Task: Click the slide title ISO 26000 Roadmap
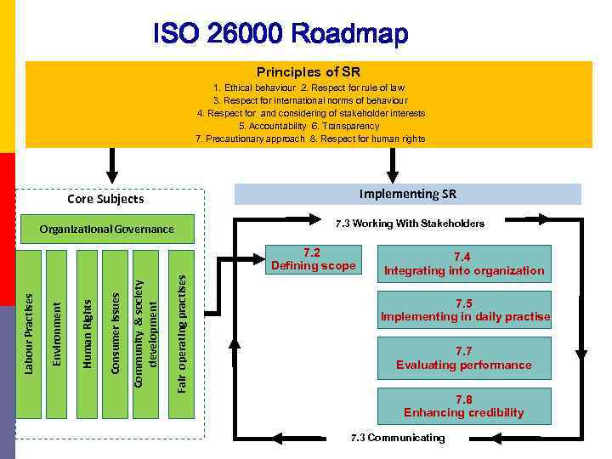click(281, 35)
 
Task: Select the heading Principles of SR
click(309, 71)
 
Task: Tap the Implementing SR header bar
click(407, 194)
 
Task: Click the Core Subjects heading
click(105, 199)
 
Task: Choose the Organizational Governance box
click(107, 229)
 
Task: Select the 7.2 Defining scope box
click(313, 259)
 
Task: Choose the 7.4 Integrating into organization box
click(463, 264)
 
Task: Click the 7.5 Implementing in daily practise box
click(464, 310)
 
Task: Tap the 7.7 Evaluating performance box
click(463, 358)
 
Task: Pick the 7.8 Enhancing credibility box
click(463, 406)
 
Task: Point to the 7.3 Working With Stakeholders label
click(410, 224)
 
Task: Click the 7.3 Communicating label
click(398, 438)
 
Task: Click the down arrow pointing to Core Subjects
click(110, 160)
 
